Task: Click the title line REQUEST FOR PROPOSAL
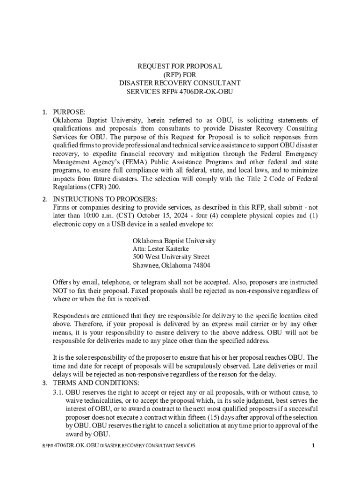[180, 66]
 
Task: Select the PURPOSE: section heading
[69, 112]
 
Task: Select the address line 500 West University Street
[171, 257]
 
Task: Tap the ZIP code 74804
[202, 266]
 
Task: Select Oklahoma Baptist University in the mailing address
[174, 240]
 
